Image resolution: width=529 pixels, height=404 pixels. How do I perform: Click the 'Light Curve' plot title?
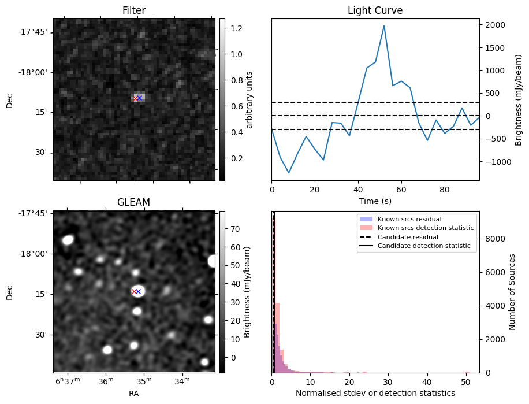click(375, 10)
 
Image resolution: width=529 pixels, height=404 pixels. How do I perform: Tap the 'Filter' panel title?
click(134, 10)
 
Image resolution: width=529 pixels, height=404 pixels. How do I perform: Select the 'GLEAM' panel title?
click(134, 202)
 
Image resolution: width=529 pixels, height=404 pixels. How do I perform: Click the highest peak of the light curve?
click(384, 26)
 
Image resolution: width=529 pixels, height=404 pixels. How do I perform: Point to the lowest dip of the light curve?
click(289, 173)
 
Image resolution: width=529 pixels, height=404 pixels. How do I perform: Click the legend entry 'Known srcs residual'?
click(408, 219)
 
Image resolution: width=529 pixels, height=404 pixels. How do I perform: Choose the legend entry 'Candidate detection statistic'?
click(423, 246)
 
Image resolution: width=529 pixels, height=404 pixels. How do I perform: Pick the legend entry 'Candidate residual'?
click(408, 237)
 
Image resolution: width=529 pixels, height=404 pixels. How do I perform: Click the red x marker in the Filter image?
click(135, 98)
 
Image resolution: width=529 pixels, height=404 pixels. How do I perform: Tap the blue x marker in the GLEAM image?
click(139, 291)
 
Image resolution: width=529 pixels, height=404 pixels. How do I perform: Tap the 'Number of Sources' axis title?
click(512, 292)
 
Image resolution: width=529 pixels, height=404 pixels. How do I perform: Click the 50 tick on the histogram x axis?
click(466, 381)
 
